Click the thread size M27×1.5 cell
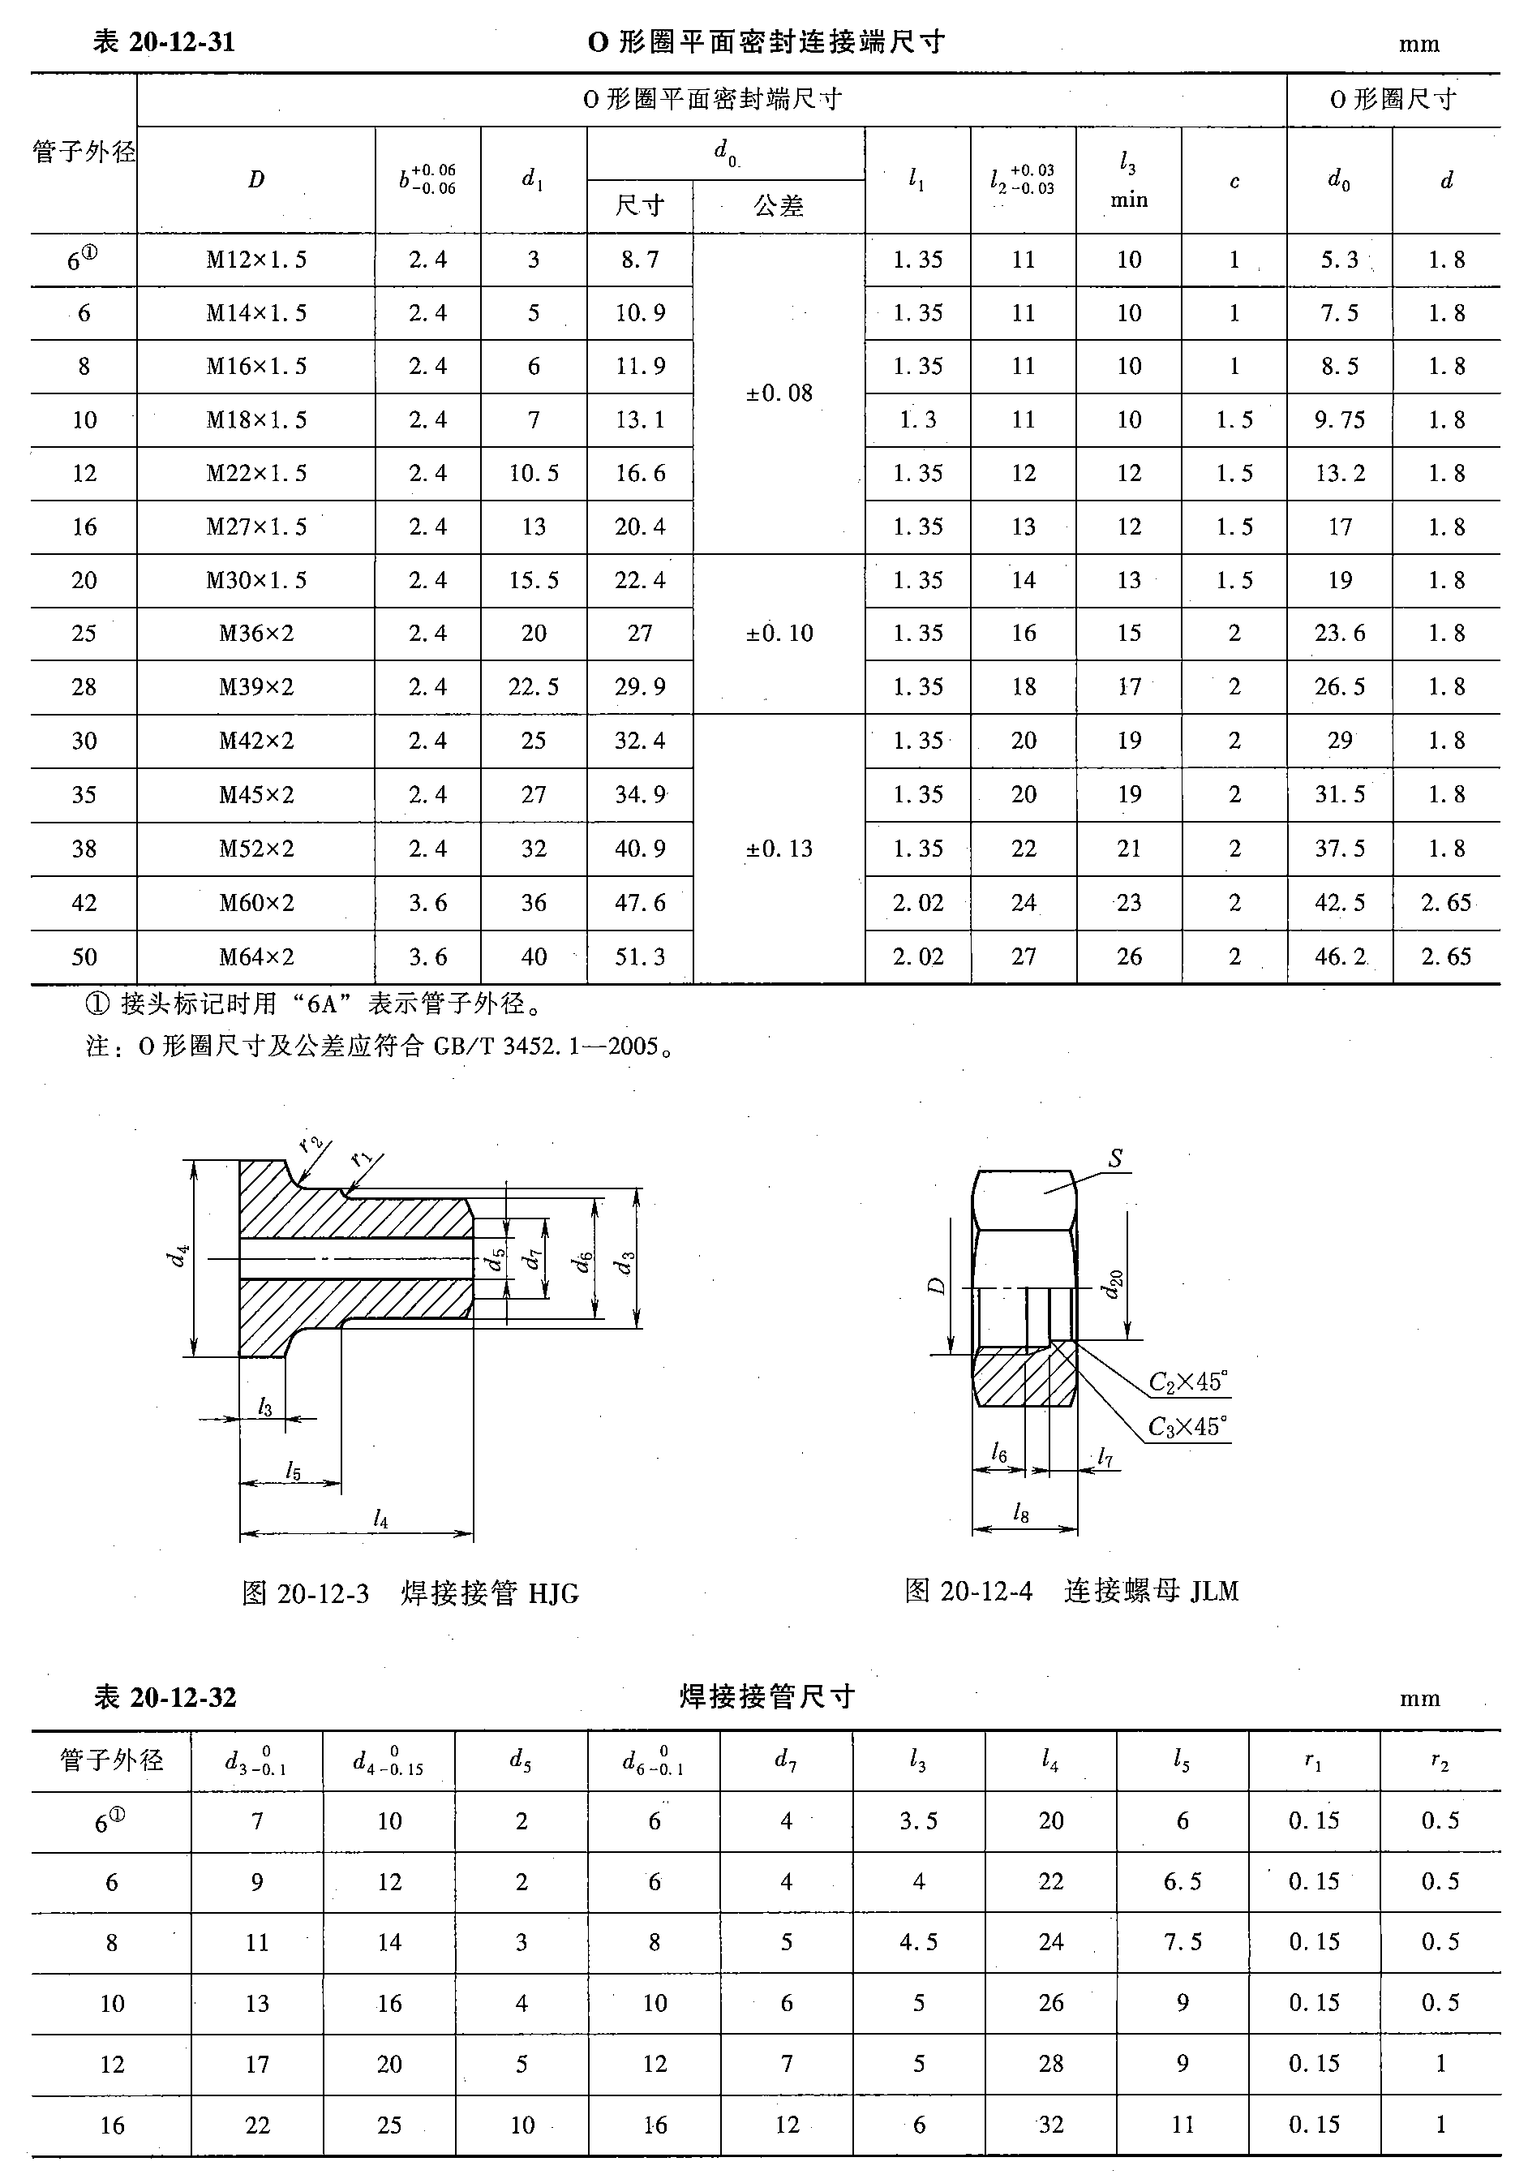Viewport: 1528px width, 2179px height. [x=256, y=526]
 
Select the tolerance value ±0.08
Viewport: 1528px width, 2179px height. [x=779, y=393]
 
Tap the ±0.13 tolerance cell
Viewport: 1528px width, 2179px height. [x=779, y=849]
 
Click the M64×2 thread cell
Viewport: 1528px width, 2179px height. [x=256, y=956]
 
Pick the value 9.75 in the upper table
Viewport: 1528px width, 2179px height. [x=1339, y=419]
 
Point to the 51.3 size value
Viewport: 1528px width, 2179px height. [x=640, y=956]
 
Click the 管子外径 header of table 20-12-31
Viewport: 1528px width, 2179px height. [x=84, y=152]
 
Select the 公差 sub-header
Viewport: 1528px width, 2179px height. [x=779, y=206]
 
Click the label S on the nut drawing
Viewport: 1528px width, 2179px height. [x=1115, y=1158]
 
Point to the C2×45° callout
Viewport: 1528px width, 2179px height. [x=1187, y=1382]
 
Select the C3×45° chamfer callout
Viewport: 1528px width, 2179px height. [x=1187, y=1427]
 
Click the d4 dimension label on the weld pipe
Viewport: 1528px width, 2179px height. [x=178, y=1257]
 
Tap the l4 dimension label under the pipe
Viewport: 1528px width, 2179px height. [x=380, y=1519]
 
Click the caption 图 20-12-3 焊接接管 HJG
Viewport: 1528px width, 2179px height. [x=410, y=1593]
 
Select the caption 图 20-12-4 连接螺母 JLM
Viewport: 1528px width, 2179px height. [x=1071, y=1592]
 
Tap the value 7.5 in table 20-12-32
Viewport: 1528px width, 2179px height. [x=1182, y=1942]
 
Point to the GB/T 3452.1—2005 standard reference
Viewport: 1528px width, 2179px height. [x=546, y=1047]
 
